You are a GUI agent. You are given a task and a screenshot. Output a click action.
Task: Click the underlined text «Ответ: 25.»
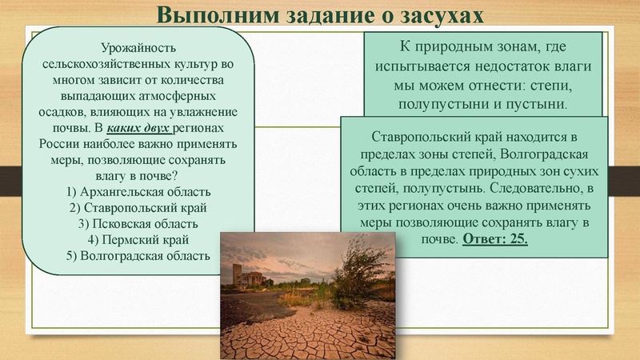tap(495, 238)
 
